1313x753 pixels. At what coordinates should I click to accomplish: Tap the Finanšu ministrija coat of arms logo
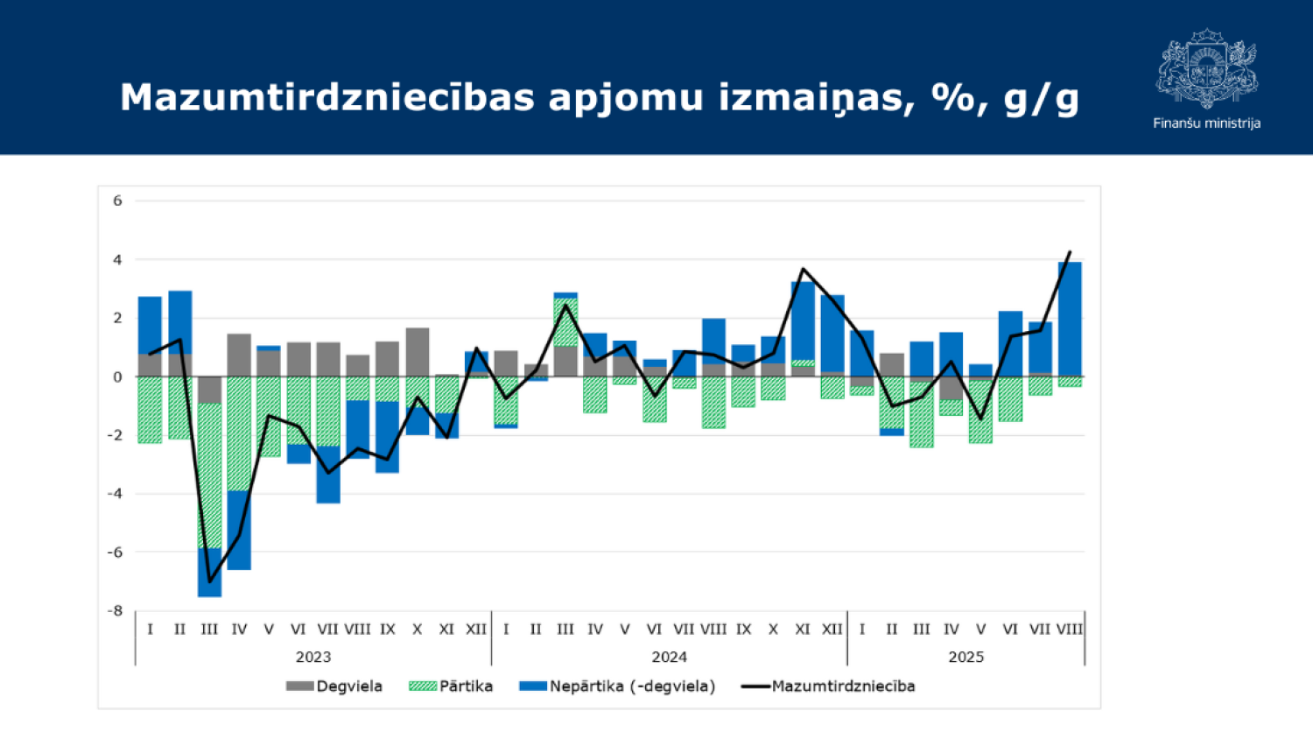pos(1206,68)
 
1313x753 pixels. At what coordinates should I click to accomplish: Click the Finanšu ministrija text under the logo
pos(1206,123)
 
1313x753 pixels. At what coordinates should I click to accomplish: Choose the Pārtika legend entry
pos(451,686)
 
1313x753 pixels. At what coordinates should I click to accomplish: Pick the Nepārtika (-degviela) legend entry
pos(618,686)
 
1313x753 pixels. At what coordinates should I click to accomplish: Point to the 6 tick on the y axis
pos(117,201)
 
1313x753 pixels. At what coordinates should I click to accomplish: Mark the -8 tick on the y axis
pos(115,610)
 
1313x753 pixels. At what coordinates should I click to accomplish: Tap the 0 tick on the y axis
pos(117,377)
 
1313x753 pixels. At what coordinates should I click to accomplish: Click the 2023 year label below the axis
pos(313,657)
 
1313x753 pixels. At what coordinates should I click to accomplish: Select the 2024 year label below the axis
pos(669,657)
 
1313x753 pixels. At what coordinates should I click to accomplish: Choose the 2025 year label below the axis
pos(965,657)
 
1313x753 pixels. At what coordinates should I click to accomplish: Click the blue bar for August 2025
pos(1069,319)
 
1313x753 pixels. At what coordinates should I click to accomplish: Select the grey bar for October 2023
pos(418,352)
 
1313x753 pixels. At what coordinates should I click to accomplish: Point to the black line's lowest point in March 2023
pos(209,581)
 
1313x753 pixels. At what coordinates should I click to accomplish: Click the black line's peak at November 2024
pos(803,269)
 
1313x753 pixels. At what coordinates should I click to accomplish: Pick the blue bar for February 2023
pos(179,321)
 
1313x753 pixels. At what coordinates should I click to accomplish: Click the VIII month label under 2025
pos(1069,629)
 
